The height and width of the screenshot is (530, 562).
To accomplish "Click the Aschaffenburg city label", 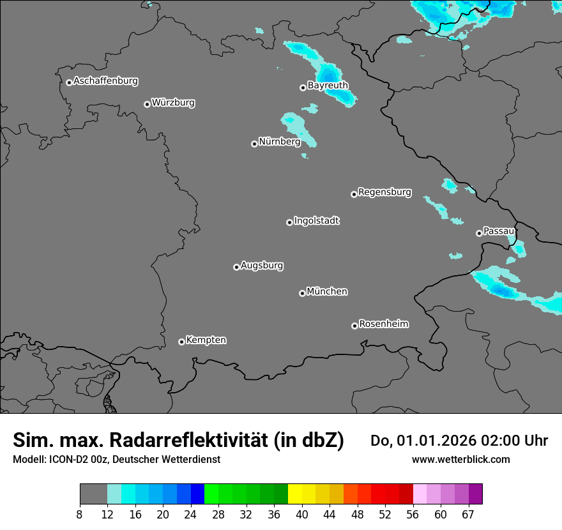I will pos(105,81).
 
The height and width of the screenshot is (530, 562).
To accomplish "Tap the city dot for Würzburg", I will pos(147,104).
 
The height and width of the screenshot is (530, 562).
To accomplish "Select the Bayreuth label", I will pos(328,85).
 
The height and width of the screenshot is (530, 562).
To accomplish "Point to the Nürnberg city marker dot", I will pos(254,144).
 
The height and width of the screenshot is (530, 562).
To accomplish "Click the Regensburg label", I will pos(384,192).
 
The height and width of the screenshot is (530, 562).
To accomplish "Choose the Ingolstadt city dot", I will pos(289,222).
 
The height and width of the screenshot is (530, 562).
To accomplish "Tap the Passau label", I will pos(499,231).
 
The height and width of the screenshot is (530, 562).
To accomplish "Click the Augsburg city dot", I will pos(236,267).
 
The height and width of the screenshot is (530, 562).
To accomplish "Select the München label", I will pos(327,291).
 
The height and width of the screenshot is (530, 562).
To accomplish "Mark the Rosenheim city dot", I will pos(354,326).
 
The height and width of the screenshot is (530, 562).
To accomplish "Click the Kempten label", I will pos(206,340).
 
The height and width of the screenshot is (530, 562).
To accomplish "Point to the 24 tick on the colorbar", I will pos(190,515).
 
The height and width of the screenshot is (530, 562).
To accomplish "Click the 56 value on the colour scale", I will pos(413,515).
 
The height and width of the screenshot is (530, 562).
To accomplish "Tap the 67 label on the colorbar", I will pos(468,515).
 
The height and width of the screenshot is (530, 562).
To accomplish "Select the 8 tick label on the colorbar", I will pos(79,515).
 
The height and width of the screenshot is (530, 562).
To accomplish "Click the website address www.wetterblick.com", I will pos(461,459).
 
